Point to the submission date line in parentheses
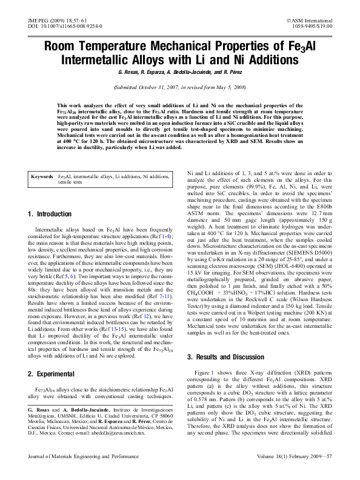[179, 87]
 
